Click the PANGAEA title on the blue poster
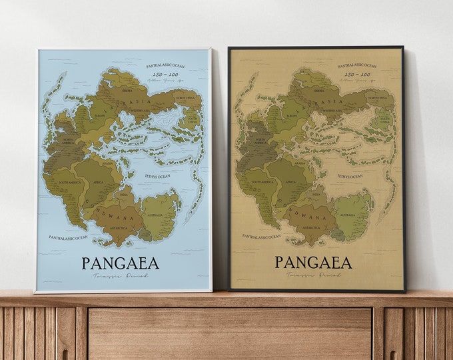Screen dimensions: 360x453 (x=121, y=263)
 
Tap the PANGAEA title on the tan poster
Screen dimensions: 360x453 (x=313, y=262)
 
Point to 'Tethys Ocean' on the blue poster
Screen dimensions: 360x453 (x=158, y=176)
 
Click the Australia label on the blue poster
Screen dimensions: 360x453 (x=160, y=215)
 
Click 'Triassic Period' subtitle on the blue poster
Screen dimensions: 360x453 (x=121, y=275)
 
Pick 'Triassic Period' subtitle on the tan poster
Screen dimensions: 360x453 (x=313, y=275)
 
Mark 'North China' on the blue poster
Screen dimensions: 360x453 (x=185, y=98)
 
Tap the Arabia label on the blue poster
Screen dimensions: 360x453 (x=107, y=162)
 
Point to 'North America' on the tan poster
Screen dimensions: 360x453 (x=244, y=141)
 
